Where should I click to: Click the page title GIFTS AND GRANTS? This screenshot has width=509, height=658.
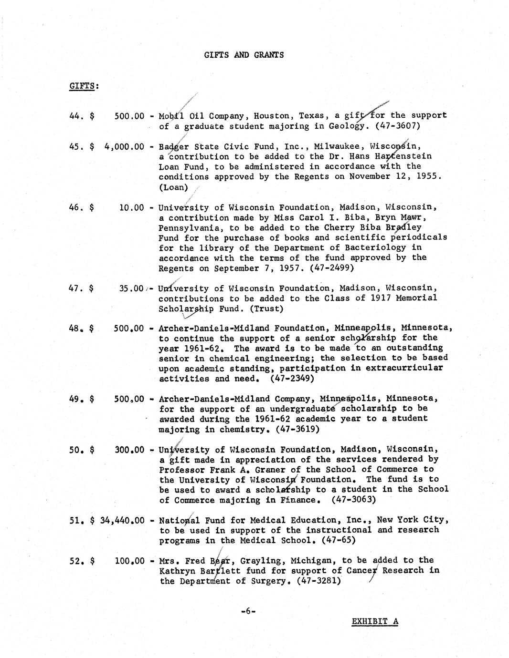click(244, 55)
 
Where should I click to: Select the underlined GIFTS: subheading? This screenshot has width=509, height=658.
click(84, 86)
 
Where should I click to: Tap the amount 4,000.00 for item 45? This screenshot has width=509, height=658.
click(124, 146)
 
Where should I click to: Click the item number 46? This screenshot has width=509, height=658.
click(76, 207)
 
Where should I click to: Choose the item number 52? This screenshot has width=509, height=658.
click(76, 561)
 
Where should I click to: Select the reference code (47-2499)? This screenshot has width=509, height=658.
click(332, 268)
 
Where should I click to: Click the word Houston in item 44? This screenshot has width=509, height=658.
click(271, 116)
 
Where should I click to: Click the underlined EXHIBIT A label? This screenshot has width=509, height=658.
click(375, 621)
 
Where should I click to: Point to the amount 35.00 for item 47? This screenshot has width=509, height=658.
click(131, 288)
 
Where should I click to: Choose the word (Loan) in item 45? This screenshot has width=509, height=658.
click(173, 187)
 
